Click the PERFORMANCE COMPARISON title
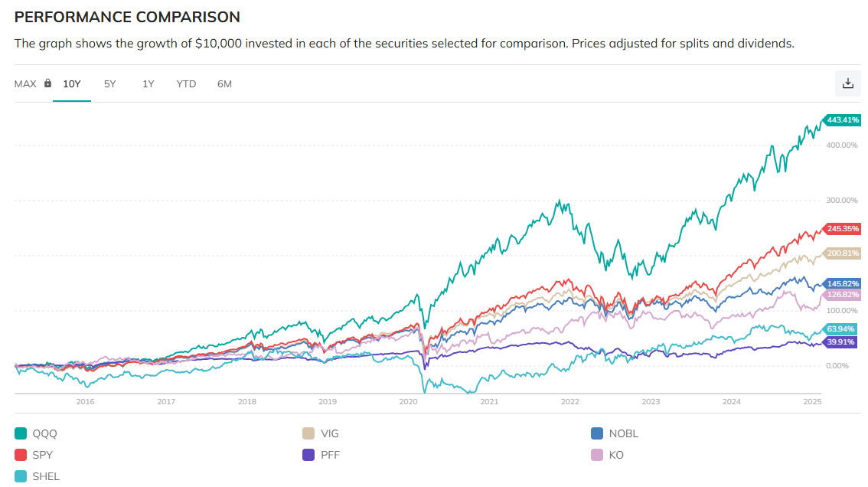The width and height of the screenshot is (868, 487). click(127, 17)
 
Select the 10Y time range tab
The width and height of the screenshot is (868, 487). click(72, 83)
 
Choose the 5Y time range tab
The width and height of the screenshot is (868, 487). click(110, 83)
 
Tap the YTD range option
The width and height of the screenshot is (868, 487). click(186, 83)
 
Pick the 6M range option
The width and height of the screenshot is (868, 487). click(224, 83)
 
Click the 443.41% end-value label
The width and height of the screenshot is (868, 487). click(843, 120)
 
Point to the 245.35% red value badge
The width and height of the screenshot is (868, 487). click(843, 228)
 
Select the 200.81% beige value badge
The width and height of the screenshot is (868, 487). click(843, 253)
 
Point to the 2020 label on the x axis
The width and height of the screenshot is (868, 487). click(408, 401)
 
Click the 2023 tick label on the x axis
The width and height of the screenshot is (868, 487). click(651, 401)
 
